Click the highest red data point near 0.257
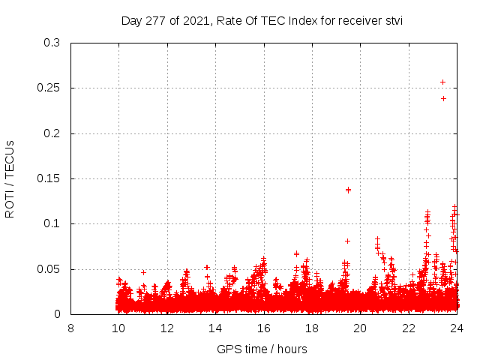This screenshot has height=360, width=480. (442, 82)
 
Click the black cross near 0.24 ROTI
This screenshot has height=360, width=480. (443, 98)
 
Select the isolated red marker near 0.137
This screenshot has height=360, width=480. (348, 190)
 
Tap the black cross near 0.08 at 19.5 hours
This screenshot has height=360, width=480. (347, 241)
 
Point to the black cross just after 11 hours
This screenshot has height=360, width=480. (143, 272)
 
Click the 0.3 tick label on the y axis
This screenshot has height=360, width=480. (52, 43)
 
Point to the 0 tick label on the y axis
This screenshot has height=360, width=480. (57, 314)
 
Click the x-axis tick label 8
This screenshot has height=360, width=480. (70, 328)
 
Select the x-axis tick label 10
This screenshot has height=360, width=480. (118, 328)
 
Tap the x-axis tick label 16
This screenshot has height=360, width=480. (263, 328)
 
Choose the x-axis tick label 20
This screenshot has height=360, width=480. (360, 328)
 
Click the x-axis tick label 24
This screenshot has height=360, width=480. (457, 328)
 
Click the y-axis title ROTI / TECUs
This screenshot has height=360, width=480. (10, 178)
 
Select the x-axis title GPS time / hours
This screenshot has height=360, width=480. (262, 349)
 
